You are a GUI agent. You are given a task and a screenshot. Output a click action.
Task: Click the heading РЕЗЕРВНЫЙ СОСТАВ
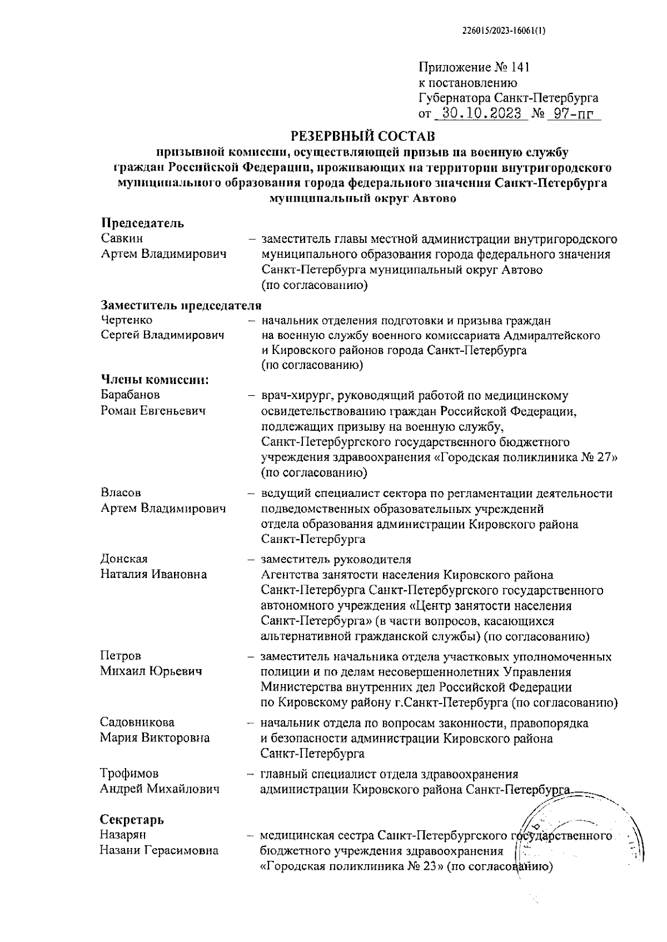pos(364,136)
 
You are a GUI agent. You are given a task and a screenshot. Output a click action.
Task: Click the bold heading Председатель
pos(142,223)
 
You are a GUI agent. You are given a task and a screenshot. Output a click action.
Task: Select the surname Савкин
pos(122,238)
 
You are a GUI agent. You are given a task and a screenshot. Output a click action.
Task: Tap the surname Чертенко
pos(127,320)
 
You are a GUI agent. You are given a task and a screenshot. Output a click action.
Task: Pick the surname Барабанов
pos(130,395)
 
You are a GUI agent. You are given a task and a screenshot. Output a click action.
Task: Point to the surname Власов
pos(121,493)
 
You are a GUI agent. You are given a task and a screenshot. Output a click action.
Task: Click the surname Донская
pos(124,559)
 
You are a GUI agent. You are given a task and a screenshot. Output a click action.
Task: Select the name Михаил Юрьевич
pos(151,671)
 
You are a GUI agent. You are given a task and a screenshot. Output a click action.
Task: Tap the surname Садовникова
pos(137,722)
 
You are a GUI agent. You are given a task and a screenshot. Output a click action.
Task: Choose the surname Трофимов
pos(130,774)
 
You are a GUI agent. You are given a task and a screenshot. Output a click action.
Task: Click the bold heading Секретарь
pos(132,820)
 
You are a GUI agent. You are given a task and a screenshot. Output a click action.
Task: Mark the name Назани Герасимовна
pos(159,850)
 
